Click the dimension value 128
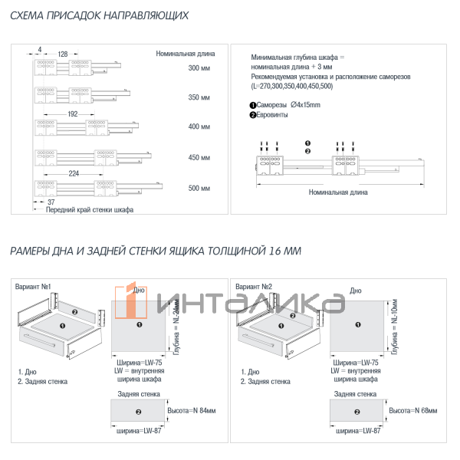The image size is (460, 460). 63,54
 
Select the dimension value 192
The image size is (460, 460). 73,113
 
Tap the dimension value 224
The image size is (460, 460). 74,173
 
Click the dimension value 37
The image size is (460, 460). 40,201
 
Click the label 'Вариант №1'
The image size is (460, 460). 33,287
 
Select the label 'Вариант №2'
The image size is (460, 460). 255,287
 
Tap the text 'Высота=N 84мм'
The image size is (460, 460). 191,411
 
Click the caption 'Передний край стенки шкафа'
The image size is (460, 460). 90,210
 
